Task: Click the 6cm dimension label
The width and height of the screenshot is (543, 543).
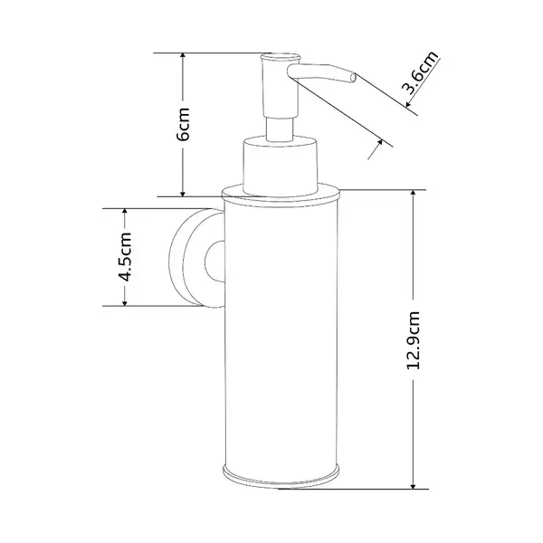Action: point(183,124)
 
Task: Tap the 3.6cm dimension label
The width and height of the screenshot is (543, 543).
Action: point(419,72)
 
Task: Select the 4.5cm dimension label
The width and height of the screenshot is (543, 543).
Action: point(125,257)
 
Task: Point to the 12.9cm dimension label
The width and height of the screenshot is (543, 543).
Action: point(414,340)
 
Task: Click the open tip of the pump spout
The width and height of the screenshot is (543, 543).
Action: point(353,79)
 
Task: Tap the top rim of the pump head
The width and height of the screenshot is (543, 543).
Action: point(281,56)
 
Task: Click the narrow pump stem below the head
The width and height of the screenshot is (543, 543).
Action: point(280,129)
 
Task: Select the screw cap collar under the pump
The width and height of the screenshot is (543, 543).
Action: point(281,167)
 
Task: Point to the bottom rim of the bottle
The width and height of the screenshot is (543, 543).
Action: point(281,477)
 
